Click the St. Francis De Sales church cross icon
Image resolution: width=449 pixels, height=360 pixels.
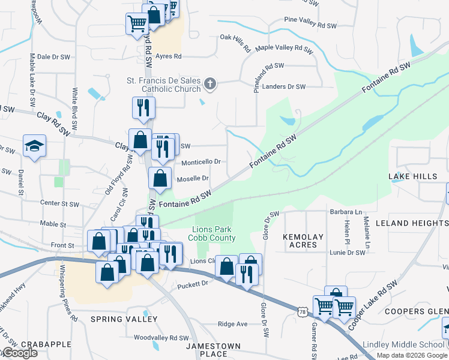pos(209,85)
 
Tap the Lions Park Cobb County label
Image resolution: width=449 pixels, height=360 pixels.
pos(212,234)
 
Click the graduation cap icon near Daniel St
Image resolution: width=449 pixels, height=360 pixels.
pos(35,146)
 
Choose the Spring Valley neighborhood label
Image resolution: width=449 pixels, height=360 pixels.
pos(124,319)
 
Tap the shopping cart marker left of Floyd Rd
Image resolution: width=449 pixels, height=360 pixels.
pos(137,24)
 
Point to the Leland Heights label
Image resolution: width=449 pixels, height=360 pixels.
pos(411,223)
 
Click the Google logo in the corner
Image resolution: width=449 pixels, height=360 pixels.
pos(19,353)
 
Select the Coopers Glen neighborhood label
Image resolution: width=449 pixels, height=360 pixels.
pos(416,311)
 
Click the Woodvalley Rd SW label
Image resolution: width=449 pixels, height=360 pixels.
pos(161,338)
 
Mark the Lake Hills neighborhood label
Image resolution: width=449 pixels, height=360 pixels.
pos(413,176)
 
